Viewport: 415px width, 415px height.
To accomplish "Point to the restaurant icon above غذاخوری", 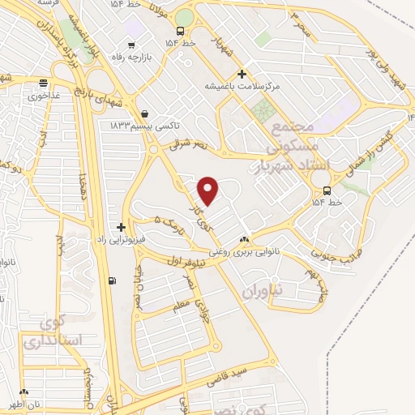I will click(44, 82).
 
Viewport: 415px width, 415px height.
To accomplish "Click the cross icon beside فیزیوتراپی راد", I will click(122, 227).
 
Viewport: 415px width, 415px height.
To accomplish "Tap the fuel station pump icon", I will click(111, 281).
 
